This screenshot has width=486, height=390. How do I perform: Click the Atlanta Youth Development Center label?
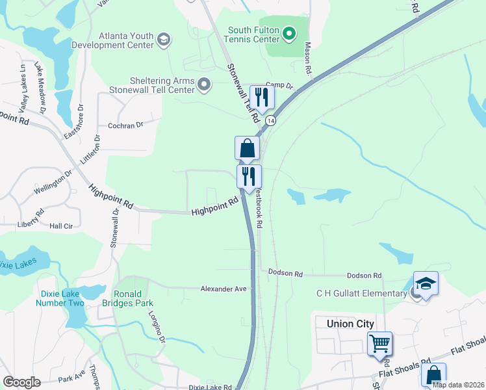coord(127,40)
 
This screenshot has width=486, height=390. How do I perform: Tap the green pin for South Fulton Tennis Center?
coord(290,32)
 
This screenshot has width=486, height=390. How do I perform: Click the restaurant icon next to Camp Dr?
coord(262,97)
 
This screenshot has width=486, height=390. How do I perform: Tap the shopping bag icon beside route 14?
coord(247,148)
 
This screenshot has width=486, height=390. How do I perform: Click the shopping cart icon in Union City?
coord(379,343)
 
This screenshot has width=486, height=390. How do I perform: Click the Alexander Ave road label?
coord(224,289)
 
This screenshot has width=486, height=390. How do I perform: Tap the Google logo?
coord(21,382)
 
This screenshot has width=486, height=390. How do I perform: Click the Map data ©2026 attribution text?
coord(458,385)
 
